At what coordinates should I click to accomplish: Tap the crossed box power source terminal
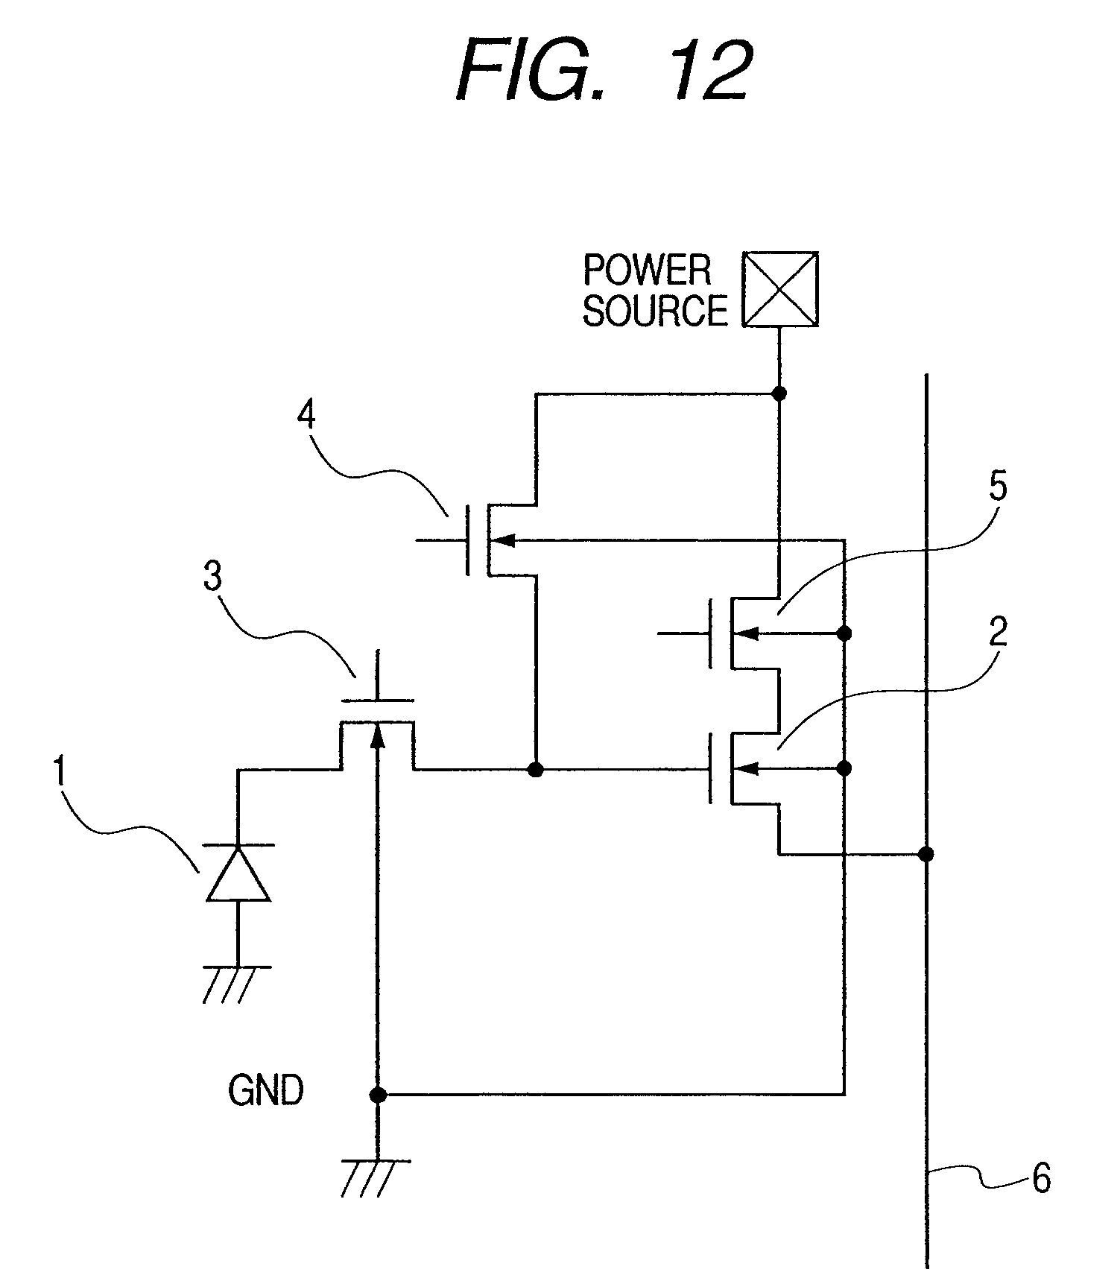tap(779, 290)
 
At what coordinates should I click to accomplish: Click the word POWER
tap(647, 271)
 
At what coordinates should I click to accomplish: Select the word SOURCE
tap(654, 311)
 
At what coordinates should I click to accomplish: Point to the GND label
tap(266, 1092)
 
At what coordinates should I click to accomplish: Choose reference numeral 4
tap(306, 414)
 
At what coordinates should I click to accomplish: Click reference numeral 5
tap(997, 486)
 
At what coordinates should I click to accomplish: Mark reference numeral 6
tap(1040, 1179)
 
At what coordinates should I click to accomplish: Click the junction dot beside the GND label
tap(378, 1095)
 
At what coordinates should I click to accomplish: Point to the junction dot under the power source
tap(779, 393)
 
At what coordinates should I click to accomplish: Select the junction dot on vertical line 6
tap(926, 854)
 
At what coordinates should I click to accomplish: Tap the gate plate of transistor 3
tap(378, 701)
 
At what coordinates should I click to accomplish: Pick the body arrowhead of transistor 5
tap(748, 634)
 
